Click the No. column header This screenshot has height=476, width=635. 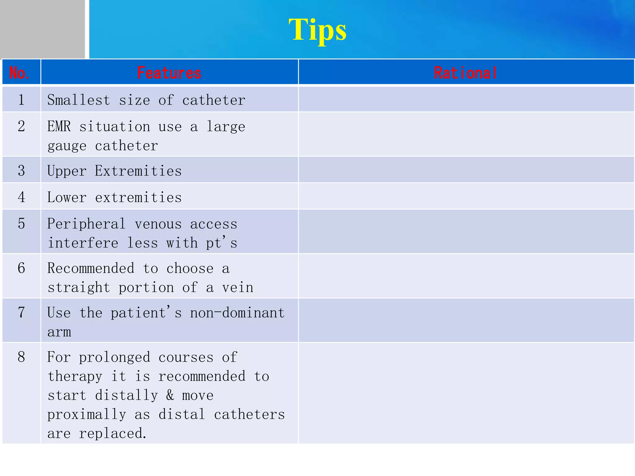coord(20,73)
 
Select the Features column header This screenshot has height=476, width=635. coord(169,73)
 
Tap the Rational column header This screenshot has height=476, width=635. coord(465,73)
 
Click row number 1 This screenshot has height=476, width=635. coord(21,100)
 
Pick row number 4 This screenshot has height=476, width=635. coord(21,197)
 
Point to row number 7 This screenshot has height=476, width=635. coord(21,312)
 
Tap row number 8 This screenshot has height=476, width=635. coord(21,357)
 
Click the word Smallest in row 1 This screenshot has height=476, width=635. coord(79,100)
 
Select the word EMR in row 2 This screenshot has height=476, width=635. coord(59,126)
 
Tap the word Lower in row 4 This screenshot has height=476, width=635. coord(67,197)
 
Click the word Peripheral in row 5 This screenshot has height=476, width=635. coord(87,224)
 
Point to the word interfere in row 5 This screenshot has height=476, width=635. coord(83,243)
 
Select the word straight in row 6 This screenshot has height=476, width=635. coord(79,288)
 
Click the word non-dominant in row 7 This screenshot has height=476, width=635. coord(237,313)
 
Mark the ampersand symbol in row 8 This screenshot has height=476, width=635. coord(170,395)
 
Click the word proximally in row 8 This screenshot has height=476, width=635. coord(87,415)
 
